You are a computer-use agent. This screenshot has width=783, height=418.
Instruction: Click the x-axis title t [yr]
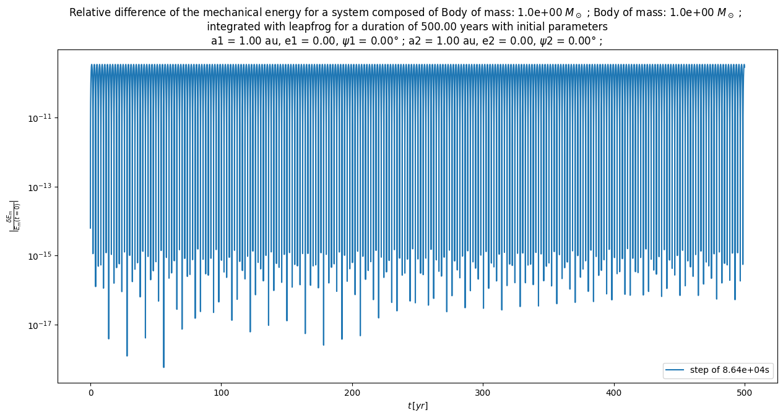pos(418,406)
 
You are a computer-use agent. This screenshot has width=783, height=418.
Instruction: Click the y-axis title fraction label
pos(12,216)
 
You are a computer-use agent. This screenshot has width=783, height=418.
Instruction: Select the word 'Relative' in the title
pos(90,13)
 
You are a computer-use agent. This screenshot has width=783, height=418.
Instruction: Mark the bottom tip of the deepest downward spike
pos(164,367)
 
